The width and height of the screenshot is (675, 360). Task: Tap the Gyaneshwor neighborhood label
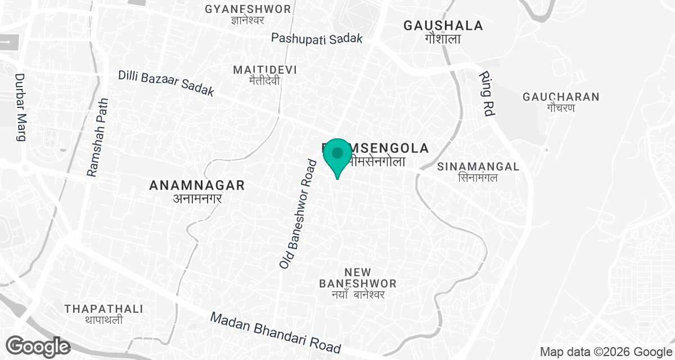coord(248,9)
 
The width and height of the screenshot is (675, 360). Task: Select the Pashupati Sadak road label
coord(317,39)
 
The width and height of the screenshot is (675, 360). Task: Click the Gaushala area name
coord(443,25)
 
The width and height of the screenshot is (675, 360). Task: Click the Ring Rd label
coord(486,94)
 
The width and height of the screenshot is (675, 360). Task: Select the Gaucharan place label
coord(561,97)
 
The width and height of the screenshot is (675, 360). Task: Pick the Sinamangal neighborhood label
coord(478,166)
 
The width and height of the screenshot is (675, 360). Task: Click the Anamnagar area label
coord(197,185)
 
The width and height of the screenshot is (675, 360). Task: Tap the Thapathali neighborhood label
coord(103,309)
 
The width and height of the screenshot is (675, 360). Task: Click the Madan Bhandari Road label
coord(276,332)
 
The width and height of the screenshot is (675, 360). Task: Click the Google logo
coord(38,345)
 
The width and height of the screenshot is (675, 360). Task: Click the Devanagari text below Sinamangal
coord(478,178)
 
